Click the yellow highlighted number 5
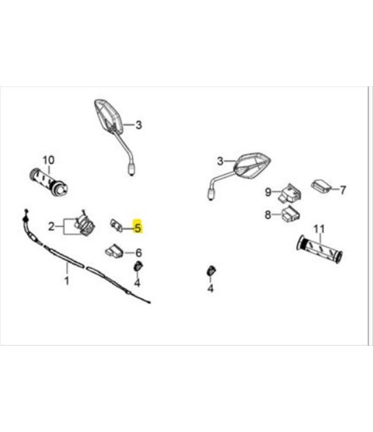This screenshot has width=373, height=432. (137, 228)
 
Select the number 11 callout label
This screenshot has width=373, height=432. (319, 228)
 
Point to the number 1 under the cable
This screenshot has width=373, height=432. (66, 281)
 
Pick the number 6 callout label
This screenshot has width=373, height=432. (138, 253)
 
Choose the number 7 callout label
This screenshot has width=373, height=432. (342, 190)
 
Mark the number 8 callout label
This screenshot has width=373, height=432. (268, 215)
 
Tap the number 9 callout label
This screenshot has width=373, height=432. (268, 192)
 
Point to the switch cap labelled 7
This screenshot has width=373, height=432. (321, 186)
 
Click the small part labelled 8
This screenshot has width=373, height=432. (290, 213)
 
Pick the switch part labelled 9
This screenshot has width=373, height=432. (290, 192)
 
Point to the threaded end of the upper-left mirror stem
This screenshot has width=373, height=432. (132, 168)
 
